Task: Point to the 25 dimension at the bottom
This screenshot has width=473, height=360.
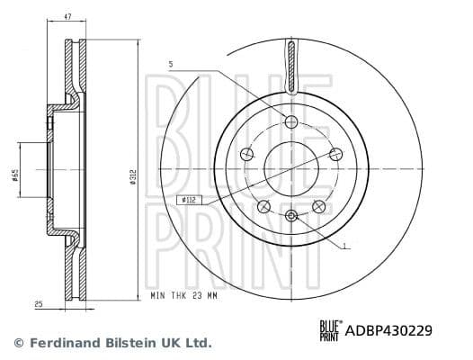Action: coord(39,305)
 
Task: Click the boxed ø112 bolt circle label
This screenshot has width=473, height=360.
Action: coord(189,200)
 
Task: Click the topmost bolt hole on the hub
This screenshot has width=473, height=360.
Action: coord(290,121)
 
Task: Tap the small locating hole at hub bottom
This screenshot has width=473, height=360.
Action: coord(290,216)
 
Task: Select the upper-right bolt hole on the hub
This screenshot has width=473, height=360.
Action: coord(335,154)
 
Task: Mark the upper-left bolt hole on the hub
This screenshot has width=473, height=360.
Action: coord(245,154)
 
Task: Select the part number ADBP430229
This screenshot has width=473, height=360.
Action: coord(388,330)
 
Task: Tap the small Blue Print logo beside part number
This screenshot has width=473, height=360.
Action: coord(329,330)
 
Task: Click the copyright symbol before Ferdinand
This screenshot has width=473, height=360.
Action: coord(19,343)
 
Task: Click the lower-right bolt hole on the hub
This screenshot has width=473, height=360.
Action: coord(318,207)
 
